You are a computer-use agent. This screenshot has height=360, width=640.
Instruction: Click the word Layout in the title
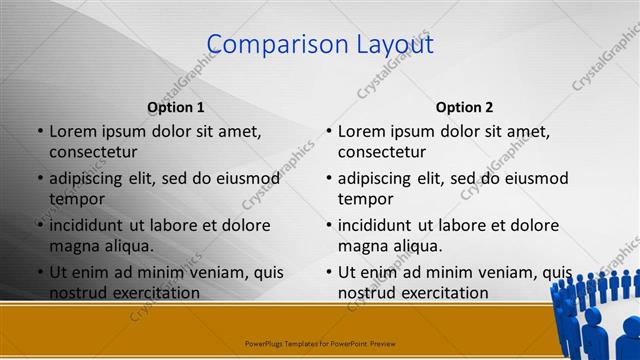pos(388,45)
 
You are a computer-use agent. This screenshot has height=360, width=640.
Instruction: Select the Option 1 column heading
pos(176,107)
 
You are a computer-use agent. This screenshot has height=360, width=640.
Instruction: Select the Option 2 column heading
pos(464,107)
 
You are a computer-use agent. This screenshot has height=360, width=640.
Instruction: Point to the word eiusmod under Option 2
pos(536,178)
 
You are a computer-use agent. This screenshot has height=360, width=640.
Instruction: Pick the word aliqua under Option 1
pos(127,246)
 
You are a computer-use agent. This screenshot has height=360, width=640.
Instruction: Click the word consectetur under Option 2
pos(382,152)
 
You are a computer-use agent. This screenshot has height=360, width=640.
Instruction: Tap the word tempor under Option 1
pos(76,199)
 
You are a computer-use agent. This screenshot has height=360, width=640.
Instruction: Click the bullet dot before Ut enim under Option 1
pos(39,272)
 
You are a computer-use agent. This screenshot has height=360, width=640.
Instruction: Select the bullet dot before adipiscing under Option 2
pos(328,178)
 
